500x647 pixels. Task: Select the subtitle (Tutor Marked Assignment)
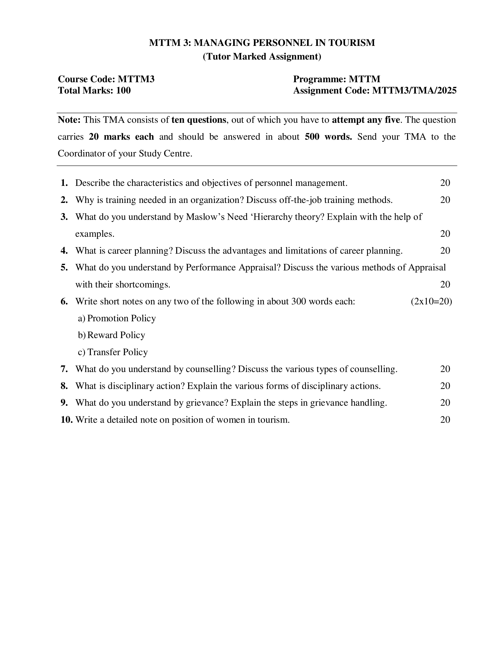[x=262, y=56]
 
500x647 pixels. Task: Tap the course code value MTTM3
[x=136, y=79]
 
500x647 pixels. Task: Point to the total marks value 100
[x=123, y=90]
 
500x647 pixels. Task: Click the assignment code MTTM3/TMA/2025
[x=414, y=90]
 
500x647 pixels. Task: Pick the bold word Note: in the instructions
[x=69, y=120]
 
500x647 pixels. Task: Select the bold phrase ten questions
[x=199, y=120]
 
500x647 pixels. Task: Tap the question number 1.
[x=64, y=183]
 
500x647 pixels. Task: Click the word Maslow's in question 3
[x=205, y=217]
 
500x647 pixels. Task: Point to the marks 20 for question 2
[x=445, y=200]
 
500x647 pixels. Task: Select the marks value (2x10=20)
[x=431, y=301]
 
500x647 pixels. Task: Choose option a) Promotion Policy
[x=117, y=319]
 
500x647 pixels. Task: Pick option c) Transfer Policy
[x=113, y=352]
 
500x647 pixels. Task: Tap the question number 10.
[x=66, y=420]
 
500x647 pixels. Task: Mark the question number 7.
[x=64, y=369]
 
